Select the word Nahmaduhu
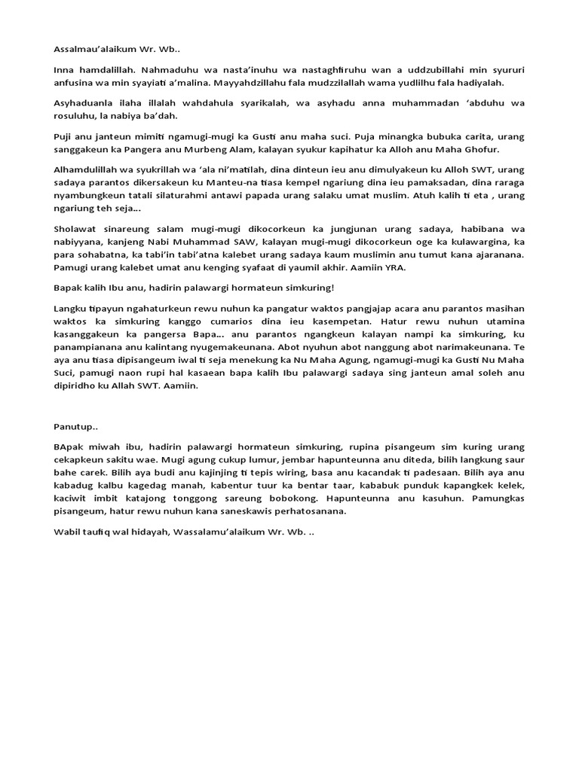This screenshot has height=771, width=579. (x=167, y=69)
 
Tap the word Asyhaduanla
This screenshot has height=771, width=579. (x=83, y=103)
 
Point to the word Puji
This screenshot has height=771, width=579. (x=63, y=137)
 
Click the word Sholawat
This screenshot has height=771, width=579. (x=76, y=230)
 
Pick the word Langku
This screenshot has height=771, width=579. (x=69, y=309)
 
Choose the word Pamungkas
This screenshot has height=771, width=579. (x=495, y=498)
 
